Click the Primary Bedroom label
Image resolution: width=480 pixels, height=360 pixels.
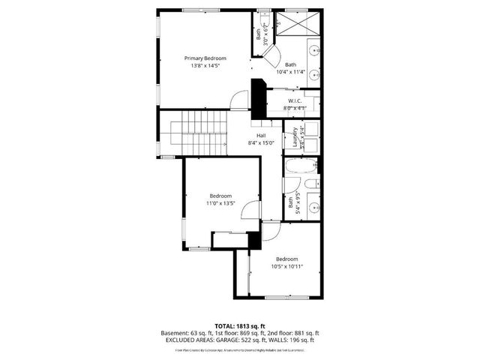click(205, 58)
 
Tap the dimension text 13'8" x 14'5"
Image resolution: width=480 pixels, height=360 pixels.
click(205, 66)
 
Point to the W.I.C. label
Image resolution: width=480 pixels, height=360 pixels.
click(295, 100)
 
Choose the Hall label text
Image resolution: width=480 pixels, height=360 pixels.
click(261, 136)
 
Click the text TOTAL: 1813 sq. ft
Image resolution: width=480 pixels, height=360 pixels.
click(240, 325)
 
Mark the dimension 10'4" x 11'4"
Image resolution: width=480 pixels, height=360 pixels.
click(290, 73)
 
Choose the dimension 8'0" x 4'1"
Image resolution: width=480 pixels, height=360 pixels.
click(295, 109)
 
